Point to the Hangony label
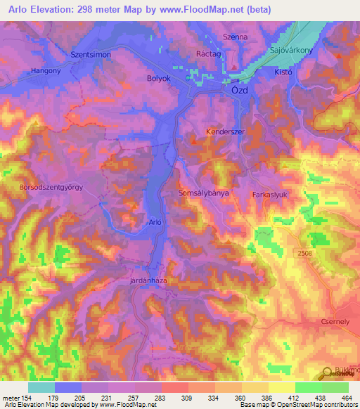[45, 71]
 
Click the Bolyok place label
[159, 78]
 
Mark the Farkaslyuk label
[271, 193]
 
